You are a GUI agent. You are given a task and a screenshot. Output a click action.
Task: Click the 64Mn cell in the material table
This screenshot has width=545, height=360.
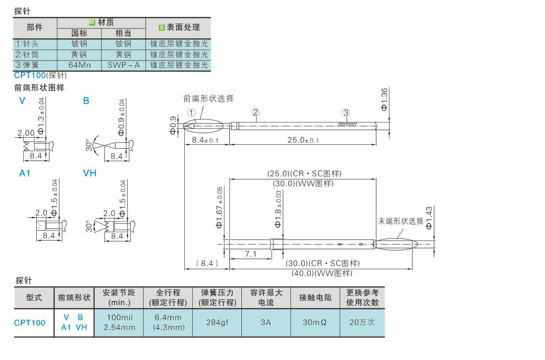click(x=79, y=65)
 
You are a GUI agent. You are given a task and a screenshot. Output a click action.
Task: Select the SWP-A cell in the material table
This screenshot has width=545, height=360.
click(x=123, y=65)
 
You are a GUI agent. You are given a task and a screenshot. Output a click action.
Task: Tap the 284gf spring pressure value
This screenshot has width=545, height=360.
click(x=217, y=322)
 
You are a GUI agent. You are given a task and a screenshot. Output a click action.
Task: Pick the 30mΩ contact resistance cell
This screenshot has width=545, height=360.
click(x=315, y=322)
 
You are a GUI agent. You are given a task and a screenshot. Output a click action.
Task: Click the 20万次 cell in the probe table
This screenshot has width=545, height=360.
click(x=362, y=322)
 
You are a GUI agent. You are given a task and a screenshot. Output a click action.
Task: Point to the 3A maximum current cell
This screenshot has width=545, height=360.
click(x=266, y=322)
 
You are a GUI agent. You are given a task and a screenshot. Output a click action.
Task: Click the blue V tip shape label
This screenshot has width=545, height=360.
click(x=22, y=101)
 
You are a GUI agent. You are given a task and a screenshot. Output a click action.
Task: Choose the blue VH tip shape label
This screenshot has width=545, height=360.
click(x=90, y=174)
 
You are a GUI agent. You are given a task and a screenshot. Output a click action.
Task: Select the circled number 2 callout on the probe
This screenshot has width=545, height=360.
click(x=255, y=112)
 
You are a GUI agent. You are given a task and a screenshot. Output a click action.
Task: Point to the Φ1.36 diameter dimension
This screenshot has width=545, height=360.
click(x=386, y=100)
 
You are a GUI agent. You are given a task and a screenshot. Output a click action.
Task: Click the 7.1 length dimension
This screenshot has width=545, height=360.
click(x=250, y=254)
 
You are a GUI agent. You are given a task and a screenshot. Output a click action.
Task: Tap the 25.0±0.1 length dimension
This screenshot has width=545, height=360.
click(x=303, y=140)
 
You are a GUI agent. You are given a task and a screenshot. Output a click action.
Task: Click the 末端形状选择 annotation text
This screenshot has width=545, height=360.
click(x=401, y=222)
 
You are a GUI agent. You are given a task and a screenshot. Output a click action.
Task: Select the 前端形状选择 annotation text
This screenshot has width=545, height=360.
click(x=208, y=98)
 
